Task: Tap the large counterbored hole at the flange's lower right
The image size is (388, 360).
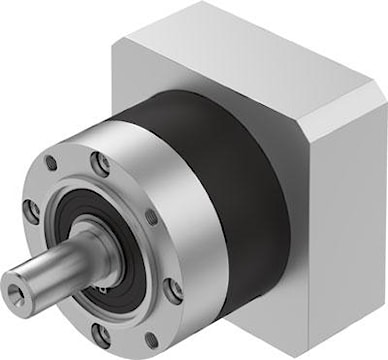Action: [175, 291]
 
